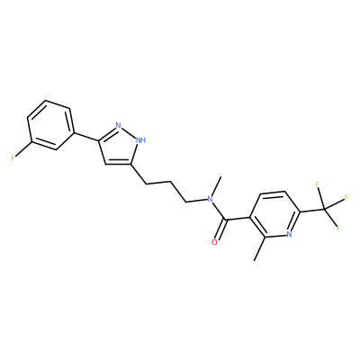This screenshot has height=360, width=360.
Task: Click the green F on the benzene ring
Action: pyautogui.click(x=13, y=157)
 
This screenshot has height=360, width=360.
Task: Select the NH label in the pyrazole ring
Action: pyautogui.click(x=140, y=139)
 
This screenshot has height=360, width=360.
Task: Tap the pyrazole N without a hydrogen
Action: pyautogui.click(x=118, y=125)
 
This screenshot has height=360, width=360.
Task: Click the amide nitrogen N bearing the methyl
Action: pyautogui.click(x=210, y=199)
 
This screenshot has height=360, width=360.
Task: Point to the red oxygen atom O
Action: pyautogui.click(x=214, y=242)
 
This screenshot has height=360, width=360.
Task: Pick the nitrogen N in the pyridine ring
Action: pyautogui.click(x=289, y=234)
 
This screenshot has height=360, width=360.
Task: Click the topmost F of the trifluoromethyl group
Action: pyautogui.click(x=318, y=184)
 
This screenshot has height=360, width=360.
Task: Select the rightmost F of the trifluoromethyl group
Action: pyautogui.click(x=346, y=198)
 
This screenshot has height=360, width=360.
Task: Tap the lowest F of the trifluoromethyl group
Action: pyautogui.click(x=339, y=229)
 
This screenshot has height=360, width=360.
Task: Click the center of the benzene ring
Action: pyautogui.click(x=49, y=125)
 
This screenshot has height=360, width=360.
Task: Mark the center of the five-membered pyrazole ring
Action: pyautogui.click(x=119, y=147)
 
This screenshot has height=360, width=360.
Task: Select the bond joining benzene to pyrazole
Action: pyautogui.click(x=85, y=136)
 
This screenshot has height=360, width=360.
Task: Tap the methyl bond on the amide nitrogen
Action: pyautogui.click(x=216, y=186)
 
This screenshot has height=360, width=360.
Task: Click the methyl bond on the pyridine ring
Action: pyautogui.click(x=260, y=248)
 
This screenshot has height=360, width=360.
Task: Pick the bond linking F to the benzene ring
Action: pyautogui.click(x=23, y=149)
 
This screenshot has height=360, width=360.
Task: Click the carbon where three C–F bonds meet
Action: pyautogui.click(x=324, y=209)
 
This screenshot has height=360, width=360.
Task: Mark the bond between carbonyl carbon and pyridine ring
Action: pyautogui.click(x=238, y=219)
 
